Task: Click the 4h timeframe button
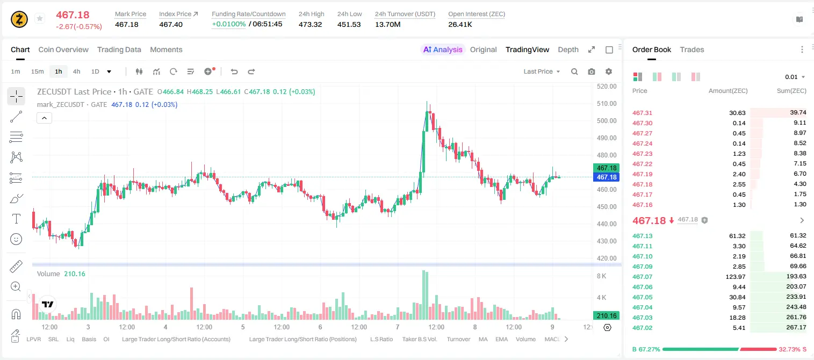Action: click(x=76, y=71)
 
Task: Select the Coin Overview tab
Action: click(x=63, y=49)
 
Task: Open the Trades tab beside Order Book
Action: click(x=692, y=49)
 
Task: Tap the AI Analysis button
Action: click(x=443, y=49)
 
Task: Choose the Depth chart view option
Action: click(x=568, y=49)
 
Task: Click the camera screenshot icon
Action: click(x=591, y=71)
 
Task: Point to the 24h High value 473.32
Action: click(x=311, y=24)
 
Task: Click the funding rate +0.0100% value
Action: click(x=229, y=24)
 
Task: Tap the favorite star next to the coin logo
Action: click(x=40, y=18)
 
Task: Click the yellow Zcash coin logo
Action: click(x=19, y=19)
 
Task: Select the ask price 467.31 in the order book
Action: click(x=642, y=113)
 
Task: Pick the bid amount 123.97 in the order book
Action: click(x=736, y=277)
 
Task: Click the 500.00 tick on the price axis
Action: click(x=607, y=120)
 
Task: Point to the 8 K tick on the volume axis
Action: click(x=601, y=276)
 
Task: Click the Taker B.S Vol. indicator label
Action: click(x=419, y=339)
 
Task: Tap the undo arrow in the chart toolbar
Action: click(x=234, y=71)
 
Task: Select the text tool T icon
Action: click(x=16, y=219)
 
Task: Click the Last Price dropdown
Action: click(x=542, y=71)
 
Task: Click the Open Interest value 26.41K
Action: click(x=460, y=24)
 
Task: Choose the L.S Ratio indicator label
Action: click(x=381, y=339)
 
